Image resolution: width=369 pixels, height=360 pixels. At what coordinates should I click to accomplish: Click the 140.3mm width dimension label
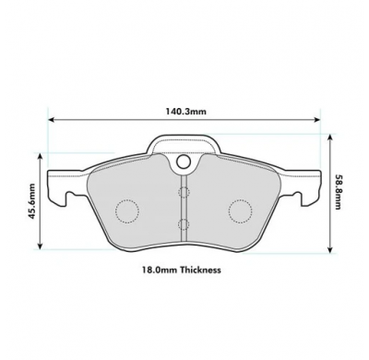[x=186, y=112]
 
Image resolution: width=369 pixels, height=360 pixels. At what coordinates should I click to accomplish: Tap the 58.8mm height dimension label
[x=338, y=192]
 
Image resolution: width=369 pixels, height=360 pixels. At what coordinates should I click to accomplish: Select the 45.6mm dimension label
[x=31, y=201]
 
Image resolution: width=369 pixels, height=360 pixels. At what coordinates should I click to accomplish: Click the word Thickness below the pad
[x=200, y=270]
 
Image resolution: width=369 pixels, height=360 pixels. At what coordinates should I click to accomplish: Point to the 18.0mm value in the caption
[x=160, y=270]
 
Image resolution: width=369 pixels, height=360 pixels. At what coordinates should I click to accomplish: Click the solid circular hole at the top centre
[x=184, y=161]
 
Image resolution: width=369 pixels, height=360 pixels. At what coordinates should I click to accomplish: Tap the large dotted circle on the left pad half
[x=127, y=211]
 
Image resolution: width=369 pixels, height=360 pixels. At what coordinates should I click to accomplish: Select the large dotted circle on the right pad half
[x=241, y=211]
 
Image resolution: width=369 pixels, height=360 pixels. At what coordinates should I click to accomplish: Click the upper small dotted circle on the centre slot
[x=184, y=192]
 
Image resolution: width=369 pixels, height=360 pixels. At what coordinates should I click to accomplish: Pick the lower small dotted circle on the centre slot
[x=184, y=224]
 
